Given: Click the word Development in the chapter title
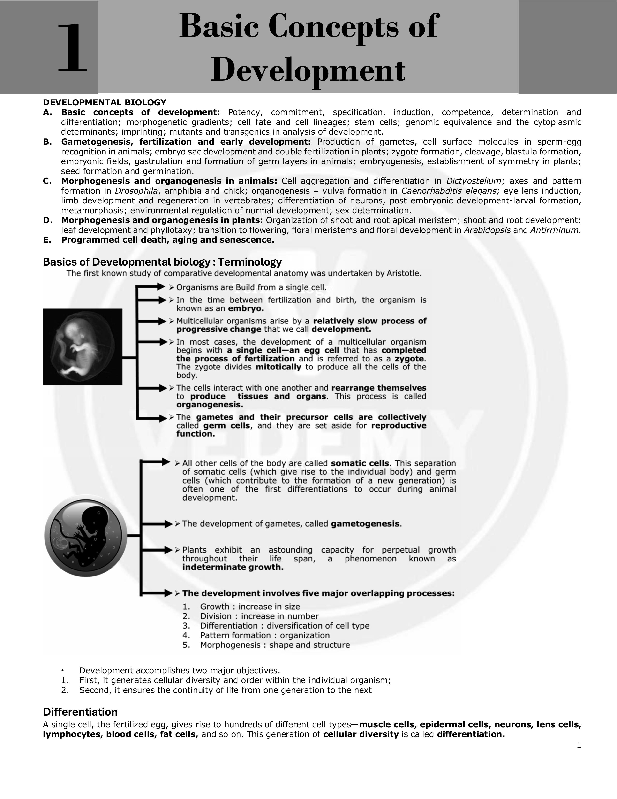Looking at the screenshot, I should pyautogui.click(x=308, y=70).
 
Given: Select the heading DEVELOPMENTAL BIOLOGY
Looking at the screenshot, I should pyautogui.click(x=105, y=102).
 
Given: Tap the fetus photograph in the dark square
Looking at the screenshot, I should pyautogui.click(x=83, y=346).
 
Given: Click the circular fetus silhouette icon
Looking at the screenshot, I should pyautogui.click(x=86, y=536).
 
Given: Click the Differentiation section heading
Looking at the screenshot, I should pyautogui.click(x=80, y=712).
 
